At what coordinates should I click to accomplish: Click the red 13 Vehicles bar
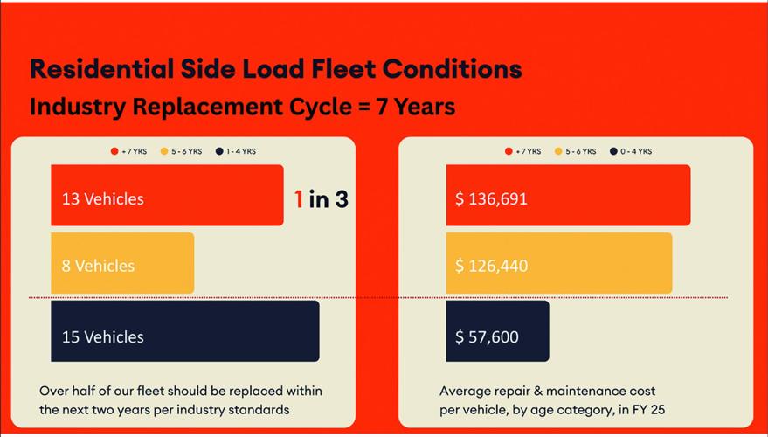(x=167, y=195)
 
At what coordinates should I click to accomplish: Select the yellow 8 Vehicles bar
(x=122, y=263)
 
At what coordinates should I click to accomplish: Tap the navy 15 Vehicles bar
(x=184, y=331)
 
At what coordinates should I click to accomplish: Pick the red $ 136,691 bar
(x=568, y=195)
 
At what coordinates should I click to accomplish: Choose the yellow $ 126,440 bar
(x=559, y=263)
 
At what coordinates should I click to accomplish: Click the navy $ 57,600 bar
(x=497, y=331)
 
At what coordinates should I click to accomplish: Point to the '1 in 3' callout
(x=321, y=199)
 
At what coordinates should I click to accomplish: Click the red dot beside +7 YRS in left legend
(x=114, y=151)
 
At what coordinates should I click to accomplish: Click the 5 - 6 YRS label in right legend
(x=580, y=151)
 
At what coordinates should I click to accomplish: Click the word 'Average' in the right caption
(x=466, y=391)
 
